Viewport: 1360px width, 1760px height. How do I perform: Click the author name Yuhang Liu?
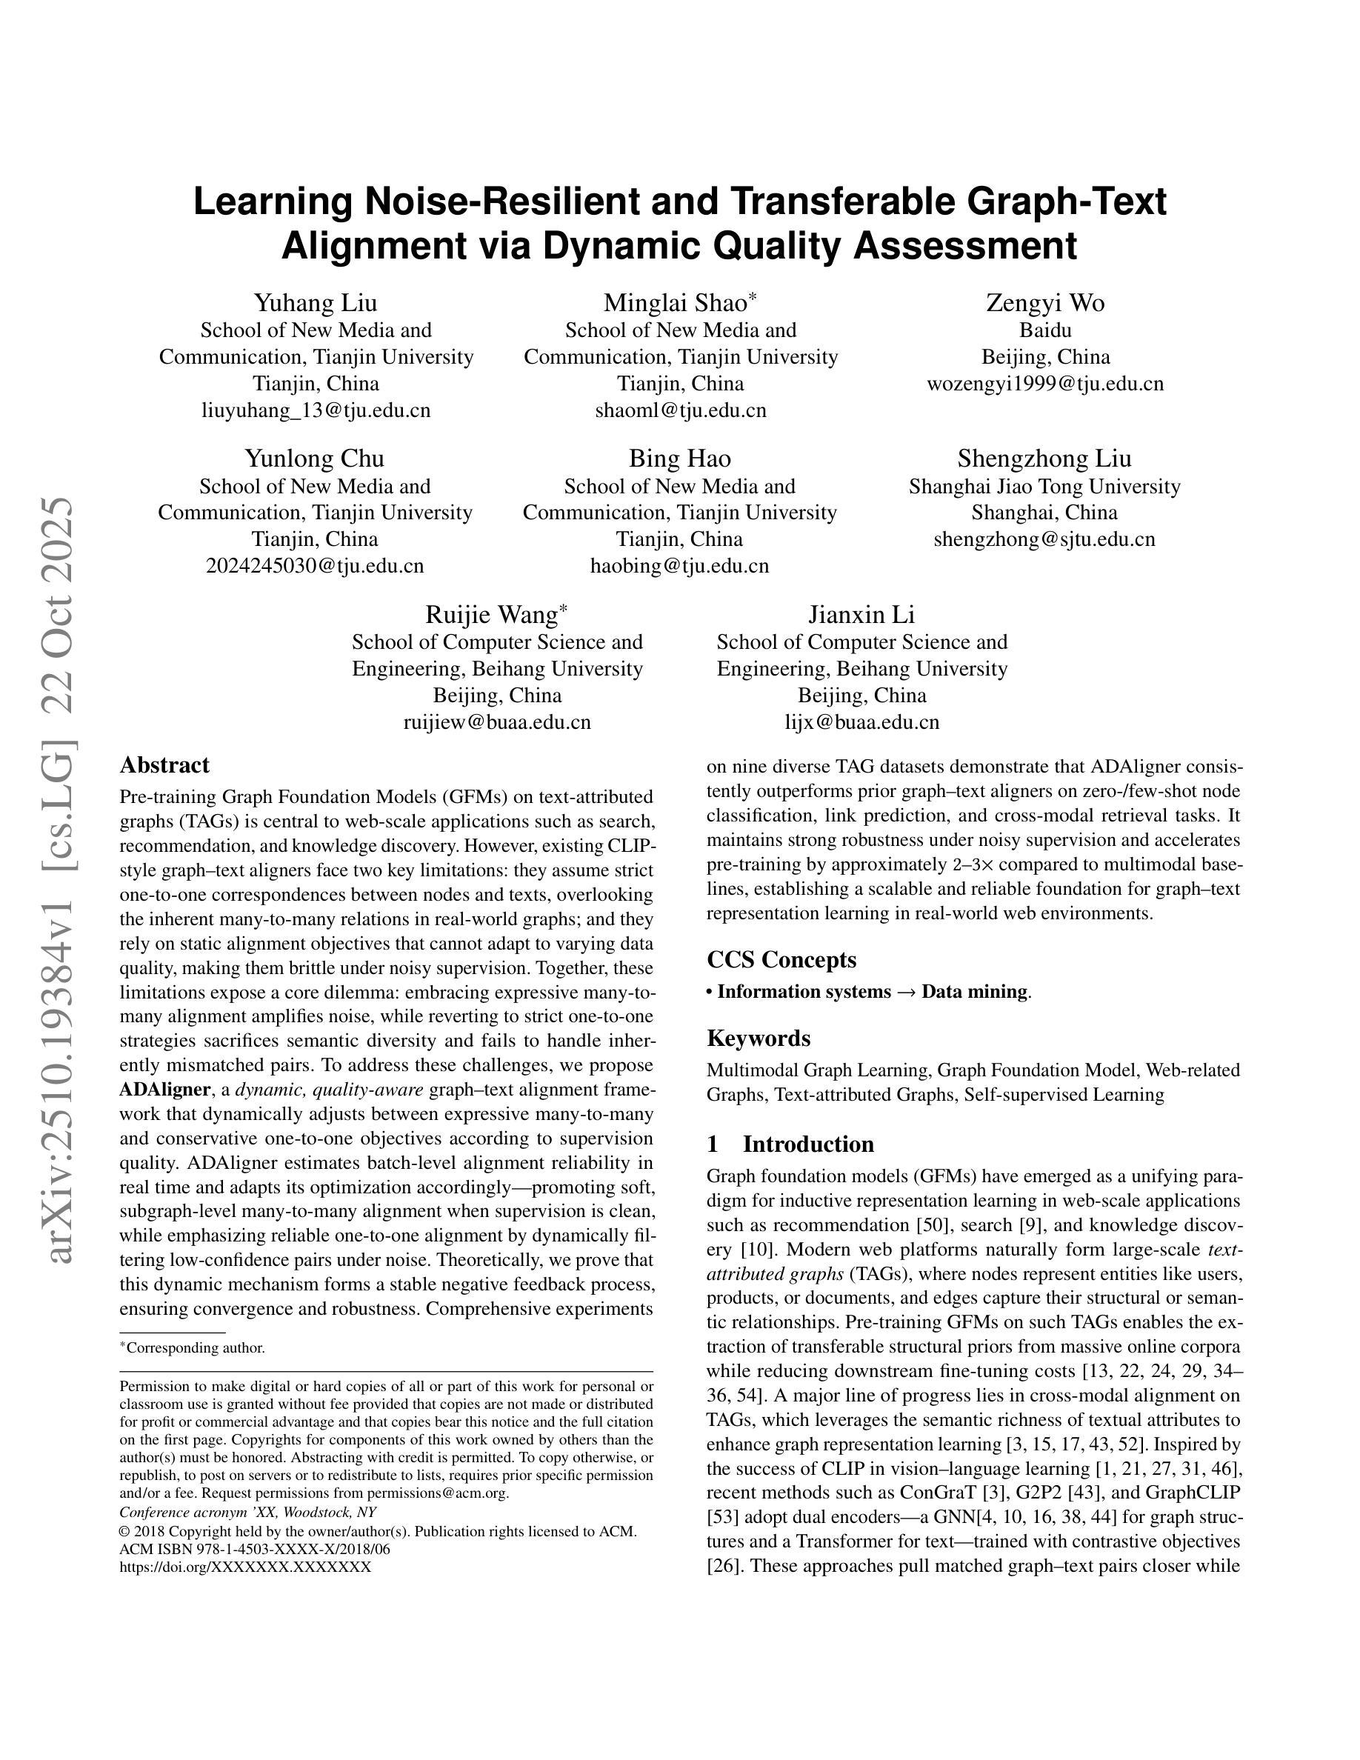pos(315,303)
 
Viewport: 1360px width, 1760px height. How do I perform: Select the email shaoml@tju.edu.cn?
pos(680,410)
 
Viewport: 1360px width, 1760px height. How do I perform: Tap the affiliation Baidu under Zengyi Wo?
pos(1045,330)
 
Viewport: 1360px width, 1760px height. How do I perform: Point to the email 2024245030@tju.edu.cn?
pos(314,566)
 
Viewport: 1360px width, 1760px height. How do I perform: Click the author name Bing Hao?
pos(679,459)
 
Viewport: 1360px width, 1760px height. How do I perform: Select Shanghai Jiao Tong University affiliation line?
pos(1044,486)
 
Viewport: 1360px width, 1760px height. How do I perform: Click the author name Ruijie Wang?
pos(491,615)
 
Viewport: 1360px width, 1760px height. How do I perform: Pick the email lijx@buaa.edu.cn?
pos(861,722)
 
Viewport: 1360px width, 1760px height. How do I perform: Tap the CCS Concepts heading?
pos(781,960)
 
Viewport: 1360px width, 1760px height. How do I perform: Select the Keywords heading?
pos(759,1038)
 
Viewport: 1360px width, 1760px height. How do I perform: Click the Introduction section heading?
pos(807,1144)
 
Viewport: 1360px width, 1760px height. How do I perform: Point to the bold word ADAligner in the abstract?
pos(164,1090)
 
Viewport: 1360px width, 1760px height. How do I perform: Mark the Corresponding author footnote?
pos(193,1347)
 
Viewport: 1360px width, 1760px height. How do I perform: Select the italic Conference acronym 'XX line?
pos(247,1513)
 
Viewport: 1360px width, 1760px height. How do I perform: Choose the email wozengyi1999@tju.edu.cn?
pos(1045,384)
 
